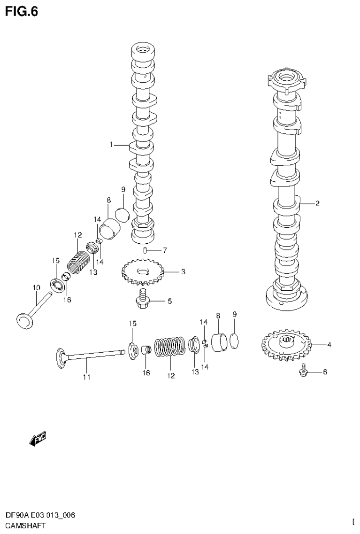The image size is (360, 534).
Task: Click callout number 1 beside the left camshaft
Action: [x=111, y=145]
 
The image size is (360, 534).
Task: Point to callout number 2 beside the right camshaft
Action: [x=317, y=203]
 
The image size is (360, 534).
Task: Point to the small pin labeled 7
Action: [x=146, y=250]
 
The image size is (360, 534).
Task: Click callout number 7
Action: [x=165, y=250]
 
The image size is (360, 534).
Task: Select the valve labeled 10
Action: [x=30, y=315]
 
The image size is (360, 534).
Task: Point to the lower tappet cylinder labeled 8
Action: [x=219, y=341]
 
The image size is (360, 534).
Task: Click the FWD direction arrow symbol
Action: [x=37, y=439]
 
